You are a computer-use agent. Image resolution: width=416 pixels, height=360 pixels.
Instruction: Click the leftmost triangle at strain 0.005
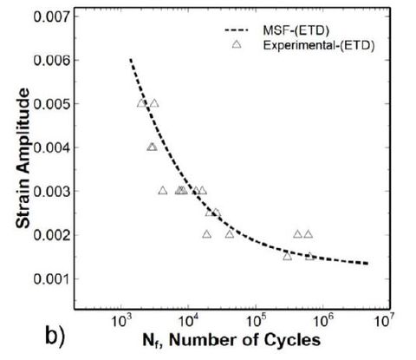142,103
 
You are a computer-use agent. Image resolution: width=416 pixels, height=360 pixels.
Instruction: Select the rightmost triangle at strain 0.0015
309,256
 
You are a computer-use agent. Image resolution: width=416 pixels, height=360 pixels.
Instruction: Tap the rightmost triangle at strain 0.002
308,233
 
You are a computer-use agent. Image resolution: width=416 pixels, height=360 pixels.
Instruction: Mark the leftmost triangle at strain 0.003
163,190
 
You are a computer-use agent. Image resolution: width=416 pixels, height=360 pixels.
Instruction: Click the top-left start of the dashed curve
130,60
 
